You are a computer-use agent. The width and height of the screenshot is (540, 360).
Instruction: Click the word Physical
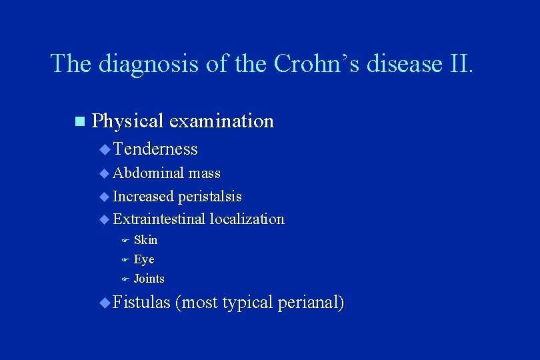(128, 121)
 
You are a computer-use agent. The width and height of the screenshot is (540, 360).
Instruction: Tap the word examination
(221, 121)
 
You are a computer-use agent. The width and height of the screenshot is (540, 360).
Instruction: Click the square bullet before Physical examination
(80, 122)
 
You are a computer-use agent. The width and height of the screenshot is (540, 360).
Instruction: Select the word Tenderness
(155, 149)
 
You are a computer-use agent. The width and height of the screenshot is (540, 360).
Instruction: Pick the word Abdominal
(149, 173)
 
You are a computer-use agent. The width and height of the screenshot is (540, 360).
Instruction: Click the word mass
(204, 173)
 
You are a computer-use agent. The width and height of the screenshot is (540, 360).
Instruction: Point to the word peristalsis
(210, 197)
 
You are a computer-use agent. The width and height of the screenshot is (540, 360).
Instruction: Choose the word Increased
(143, 197)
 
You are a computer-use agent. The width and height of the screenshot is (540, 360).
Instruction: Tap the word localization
(247, 219)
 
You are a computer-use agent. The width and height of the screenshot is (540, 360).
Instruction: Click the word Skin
(145, 240)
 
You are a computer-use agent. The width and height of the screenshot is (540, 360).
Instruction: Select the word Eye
(144, 259)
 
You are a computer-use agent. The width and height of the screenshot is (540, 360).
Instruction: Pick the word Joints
(149, 279)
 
